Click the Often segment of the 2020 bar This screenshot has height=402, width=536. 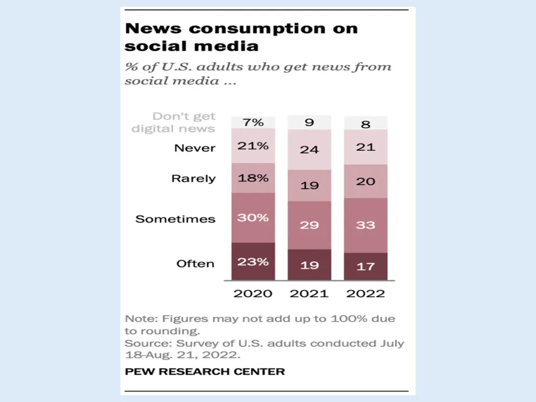[x=253, y=261]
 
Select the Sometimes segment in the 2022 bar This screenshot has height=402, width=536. [x=365, y=225]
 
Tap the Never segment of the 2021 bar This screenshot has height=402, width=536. [x=309, y=149]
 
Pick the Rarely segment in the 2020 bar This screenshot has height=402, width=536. [x=253, y=178]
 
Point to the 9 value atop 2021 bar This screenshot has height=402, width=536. [x=309, y=122]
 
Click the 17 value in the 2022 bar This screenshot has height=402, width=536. [x=365, y=266]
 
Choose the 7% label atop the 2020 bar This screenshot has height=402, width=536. [x=253, y=122]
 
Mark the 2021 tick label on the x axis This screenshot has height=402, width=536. [x=309, y=293]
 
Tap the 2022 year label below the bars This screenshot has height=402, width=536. [x=365, y=293]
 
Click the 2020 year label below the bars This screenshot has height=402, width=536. [x=253, y=293]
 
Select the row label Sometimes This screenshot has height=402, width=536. [x=175, y=219]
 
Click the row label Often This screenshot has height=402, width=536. [x=195, y=263]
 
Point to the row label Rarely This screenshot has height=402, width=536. [x=193, y=178]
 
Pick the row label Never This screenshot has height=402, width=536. [x=195, y=148]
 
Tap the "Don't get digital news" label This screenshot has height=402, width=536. [x=174, y=122]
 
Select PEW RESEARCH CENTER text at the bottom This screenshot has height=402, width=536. [x=205, y=372]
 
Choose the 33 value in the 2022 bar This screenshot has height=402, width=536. [x=365, y=225]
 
